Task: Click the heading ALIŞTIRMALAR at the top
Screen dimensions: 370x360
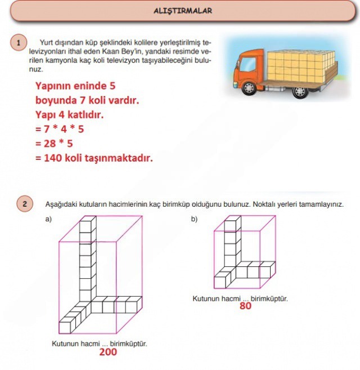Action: [x=183, y=11]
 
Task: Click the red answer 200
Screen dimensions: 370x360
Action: [x=107, y=352]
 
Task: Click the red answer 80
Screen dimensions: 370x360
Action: [x=245, y=306]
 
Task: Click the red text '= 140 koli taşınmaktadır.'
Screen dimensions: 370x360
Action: [x=93, y=158]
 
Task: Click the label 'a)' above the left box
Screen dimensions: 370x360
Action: [x=48, y=219]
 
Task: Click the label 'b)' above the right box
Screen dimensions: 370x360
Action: [x=194, y=219]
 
